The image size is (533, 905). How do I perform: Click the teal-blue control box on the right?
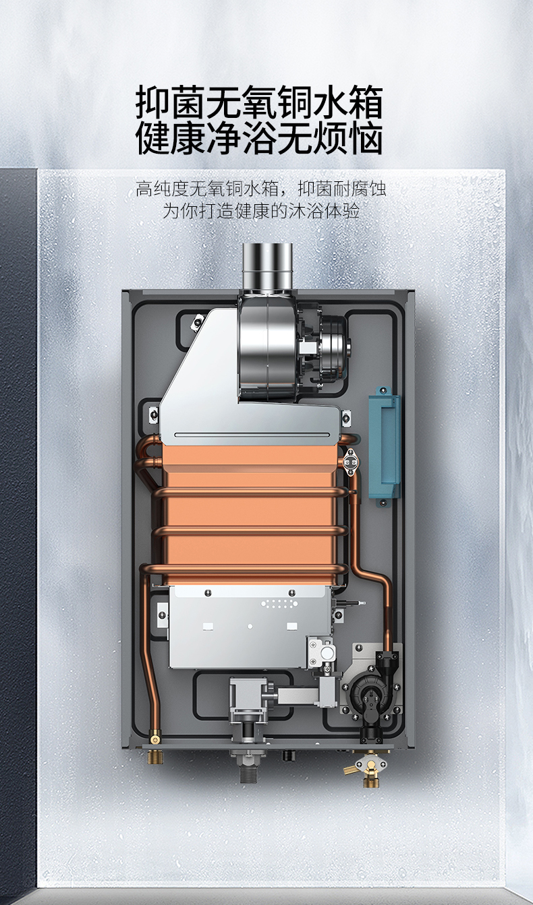pyautogui.click(x=384, y=447)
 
